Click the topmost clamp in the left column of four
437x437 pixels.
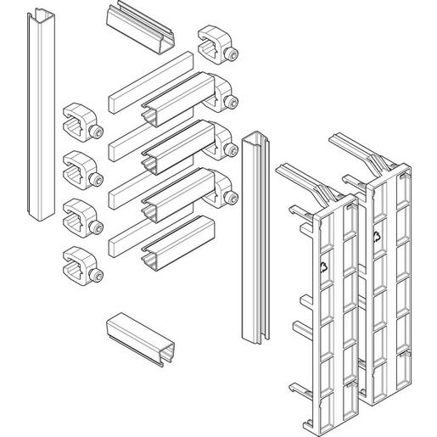[x=81, y=122]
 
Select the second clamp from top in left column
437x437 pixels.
[x=81, y=171]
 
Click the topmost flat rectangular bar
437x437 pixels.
[x=151, y=82]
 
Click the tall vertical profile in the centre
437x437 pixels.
[x=255, y=238]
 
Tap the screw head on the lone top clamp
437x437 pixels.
[x=230, y=56]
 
